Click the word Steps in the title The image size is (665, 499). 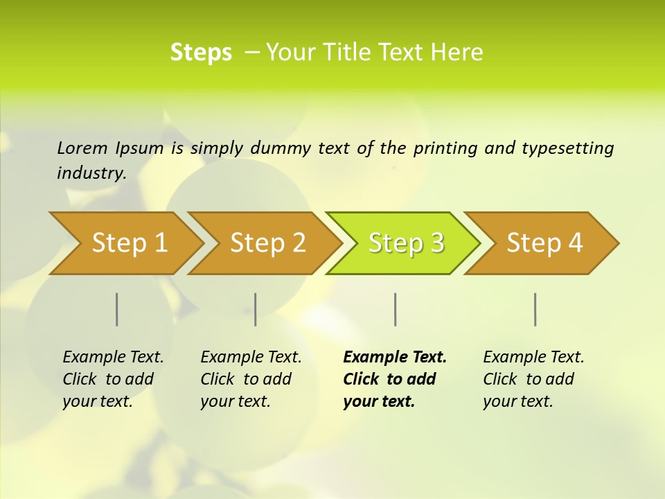(201, 53)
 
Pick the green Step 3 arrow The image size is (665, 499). (406, 243)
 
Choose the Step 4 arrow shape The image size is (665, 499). (544, 243)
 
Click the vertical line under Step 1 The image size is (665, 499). (117, 309)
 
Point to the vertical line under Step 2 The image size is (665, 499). (256, 309)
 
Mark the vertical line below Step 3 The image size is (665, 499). (396, 309)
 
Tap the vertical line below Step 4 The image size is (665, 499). (535, 309)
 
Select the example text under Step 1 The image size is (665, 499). (113, 378)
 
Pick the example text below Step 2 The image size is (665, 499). (251, 378)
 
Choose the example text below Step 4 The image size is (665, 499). (533, 378)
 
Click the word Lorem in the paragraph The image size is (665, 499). (82, 148)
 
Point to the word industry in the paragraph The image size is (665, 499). (91, 173)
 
